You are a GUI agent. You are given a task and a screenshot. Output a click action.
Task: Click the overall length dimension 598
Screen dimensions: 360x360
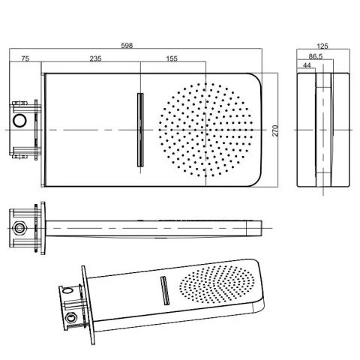[x=127, y=46]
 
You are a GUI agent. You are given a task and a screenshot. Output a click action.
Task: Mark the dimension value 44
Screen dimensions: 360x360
[x=307, y=67]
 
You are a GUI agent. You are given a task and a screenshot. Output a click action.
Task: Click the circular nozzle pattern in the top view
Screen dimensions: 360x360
[x=204, y=130]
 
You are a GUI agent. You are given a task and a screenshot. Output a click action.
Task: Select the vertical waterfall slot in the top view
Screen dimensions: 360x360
[x=139, y=130]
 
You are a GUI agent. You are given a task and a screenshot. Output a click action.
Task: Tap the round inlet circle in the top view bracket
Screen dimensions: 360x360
[x=20, y=121]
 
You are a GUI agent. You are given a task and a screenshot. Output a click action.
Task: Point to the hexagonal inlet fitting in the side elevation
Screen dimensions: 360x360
[x=19, y=226]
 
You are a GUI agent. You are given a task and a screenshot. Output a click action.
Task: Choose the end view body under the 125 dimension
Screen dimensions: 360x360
[x=325, y=130]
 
